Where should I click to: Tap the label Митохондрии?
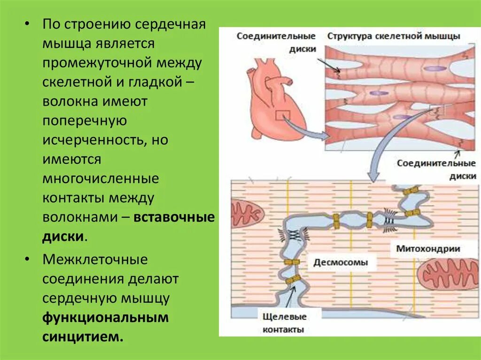[427, 248]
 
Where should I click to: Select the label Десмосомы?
[341, 262]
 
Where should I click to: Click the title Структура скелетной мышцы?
[394, 37]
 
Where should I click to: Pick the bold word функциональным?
[106, 317]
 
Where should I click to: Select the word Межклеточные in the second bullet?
[95, 259]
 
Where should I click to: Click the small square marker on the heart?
[281, 115]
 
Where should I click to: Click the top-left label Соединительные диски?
[276, 42]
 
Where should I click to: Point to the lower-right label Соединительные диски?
[436, 169]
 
